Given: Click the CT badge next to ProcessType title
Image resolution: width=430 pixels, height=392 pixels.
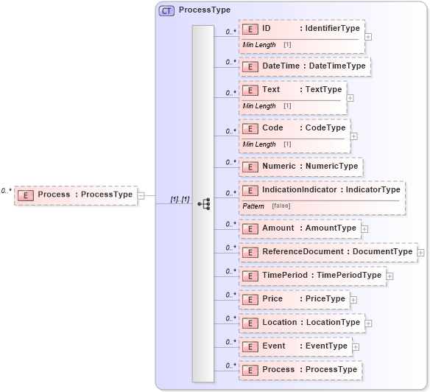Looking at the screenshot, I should point(166,10).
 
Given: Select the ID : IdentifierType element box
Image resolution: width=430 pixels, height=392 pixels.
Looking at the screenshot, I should point(302,29).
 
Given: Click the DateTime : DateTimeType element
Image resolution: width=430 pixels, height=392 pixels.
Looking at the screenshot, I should point(304,66).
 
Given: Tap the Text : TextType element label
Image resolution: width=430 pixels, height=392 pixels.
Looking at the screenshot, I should point(293,90).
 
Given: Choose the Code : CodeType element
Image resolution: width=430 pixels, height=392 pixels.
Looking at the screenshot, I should point(295,128).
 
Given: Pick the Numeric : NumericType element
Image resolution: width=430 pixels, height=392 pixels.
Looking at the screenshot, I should point(301,167).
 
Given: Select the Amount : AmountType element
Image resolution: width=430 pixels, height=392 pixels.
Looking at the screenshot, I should point(300,228).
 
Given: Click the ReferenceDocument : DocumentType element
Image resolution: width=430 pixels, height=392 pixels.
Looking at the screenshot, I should point(328,252).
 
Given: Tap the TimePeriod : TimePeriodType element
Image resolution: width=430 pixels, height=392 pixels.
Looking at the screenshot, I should point(312,276).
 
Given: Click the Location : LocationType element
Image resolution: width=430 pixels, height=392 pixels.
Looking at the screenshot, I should point(302,323).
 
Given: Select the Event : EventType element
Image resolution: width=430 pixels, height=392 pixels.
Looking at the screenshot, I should point(295,346).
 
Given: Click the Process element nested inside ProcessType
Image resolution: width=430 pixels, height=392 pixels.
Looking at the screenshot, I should point(301,370).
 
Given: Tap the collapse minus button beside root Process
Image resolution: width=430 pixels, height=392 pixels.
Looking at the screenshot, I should point(141,195).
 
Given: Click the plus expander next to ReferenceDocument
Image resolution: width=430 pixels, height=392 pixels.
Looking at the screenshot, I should point(420,252).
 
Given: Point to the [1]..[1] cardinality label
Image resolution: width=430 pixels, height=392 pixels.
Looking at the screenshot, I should point(180,200).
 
